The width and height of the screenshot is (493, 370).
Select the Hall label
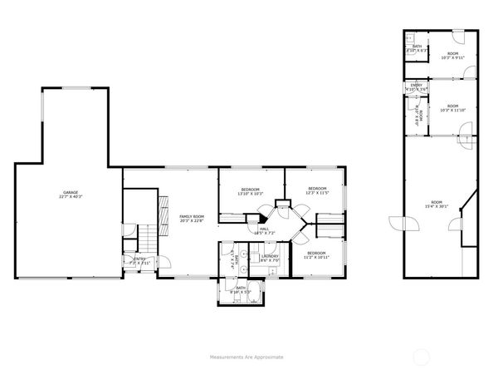tap(265, 231)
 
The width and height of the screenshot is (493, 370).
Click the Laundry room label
tap(270, 259)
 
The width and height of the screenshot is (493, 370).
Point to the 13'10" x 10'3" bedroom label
tap(250, 191)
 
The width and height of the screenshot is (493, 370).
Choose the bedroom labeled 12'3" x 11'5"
tap(317, 191)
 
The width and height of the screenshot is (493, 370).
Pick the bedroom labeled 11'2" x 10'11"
tap(316, 254)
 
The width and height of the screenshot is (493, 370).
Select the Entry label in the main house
tap(139, 260)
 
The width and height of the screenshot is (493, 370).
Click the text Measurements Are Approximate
tap(246, 356)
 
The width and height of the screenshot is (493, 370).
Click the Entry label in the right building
tap(416, 86)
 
